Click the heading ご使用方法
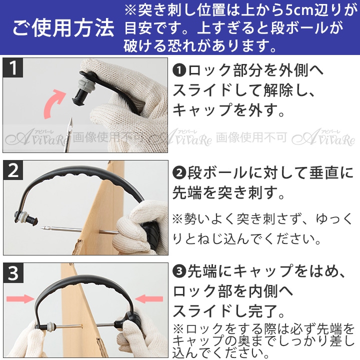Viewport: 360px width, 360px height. click(63, 28)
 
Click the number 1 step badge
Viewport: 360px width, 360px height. click(13, 67)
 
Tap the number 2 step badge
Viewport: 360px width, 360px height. click(13, 170)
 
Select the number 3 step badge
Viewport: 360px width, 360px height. click(13, 273)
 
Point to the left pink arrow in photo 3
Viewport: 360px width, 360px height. click(20, 298)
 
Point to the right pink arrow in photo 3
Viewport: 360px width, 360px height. click(149, 298)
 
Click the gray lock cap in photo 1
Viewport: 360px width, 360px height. click(86, 86)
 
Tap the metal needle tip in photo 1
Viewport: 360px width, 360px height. click(70, 120)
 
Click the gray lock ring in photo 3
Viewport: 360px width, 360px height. click(50, 326)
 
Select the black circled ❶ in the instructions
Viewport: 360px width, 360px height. click(179, 70)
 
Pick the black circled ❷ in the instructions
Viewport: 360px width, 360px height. click(179, 173)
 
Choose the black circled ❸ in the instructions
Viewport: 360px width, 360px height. click(179, 271)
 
